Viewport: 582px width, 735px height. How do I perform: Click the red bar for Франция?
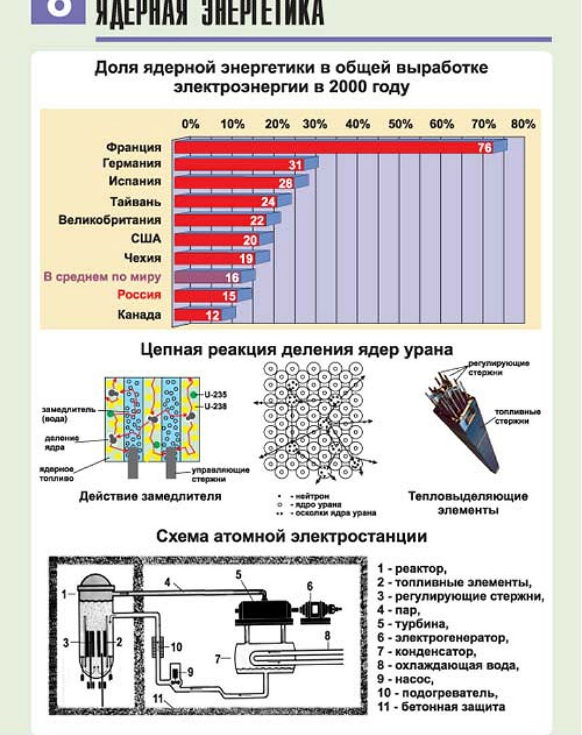pos(332,147)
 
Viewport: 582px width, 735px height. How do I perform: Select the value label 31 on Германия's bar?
pos(294,165)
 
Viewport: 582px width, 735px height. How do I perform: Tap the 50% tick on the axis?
pos(400,124)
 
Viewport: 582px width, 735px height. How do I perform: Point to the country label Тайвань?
pos(136,201)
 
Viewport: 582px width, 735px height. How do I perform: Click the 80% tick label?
pos(523,124)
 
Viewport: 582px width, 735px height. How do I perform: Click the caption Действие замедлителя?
pos(151,496)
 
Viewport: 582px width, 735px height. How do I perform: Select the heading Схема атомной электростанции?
pos(292,536)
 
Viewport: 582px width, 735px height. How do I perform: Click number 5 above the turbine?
pos(257,575)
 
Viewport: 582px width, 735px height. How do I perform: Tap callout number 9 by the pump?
pos(191,672)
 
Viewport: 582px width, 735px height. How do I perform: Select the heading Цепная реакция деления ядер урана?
pos(296,350)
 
